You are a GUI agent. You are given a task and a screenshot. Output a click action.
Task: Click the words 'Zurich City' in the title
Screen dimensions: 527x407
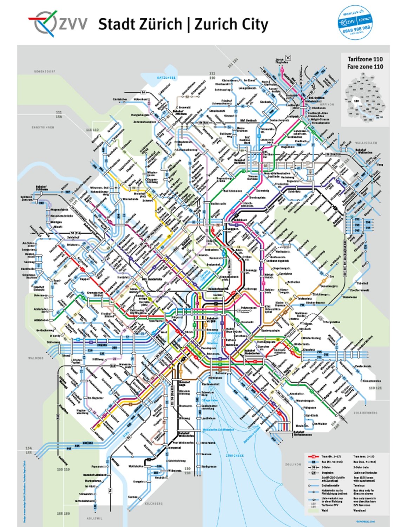pyautogui.click(x=231, y=25)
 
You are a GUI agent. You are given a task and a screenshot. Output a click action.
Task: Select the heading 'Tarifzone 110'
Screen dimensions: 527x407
pyautogui.click(x=365, y=59)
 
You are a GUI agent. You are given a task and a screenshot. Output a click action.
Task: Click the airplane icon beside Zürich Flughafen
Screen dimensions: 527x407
pyautogui.click(x=289, y=57)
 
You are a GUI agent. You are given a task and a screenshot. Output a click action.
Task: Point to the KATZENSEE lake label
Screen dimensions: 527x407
pyautogui.click(x=166, y=77)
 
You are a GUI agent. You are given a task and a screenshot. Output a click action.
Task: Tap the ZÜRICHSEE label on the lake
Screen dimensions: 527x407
pyautogui.click(x=235, y=455)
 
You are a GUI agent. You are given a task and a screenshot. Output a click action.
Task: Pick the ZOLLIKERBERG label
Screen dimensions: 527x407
pyautogui.click(x=366, y=413)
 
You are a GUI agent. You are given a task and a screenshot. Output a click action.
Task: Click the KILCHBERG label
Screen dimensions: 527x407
pyautogui.click(x=154, y=503)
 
